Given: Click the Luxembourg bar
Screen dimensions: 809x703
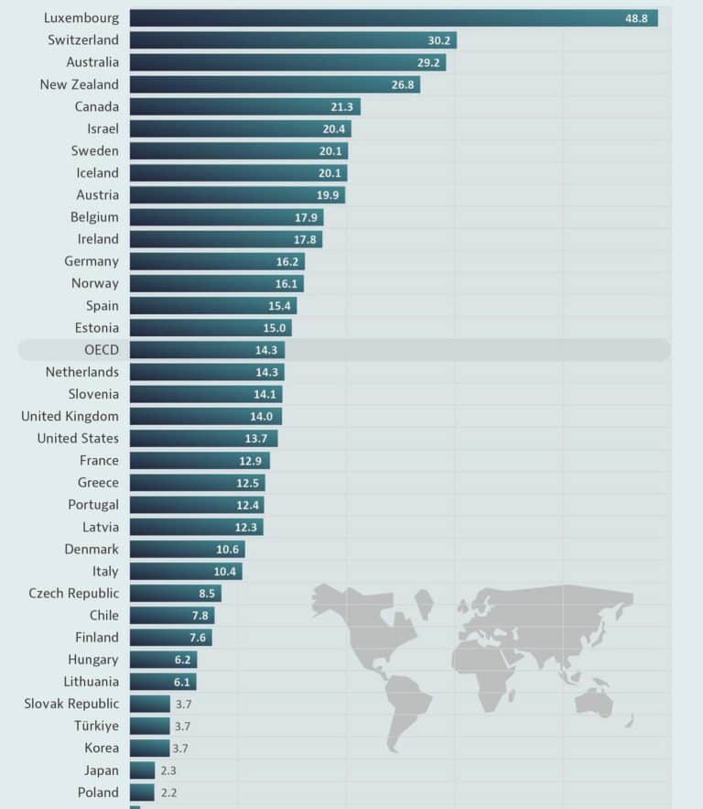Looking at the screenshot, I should point(394,18).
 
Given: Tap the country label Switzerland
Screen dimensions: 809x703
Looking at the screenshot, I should point(83,40).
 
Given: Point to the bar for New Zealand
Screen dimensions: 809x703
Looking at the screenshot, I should point(275,84).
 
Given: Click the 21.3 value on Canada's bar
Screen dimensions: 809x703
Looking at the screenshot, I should point(341,107).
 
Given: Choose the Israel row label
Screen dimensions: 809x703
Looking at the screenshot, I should point(103,128).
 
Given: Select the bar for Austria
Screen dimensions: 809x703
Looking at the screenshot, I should point(237,195).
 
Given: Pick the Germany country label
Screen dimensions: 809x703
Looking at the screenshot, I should point(92,261).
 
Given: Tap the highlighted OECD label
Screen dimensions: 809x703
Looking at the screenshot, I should point(101,350).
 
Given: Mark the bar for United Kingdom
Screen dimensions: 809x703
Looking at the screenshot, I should point(205,416).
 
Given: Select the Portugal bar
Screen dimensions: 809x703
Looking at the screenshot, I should point(197,505).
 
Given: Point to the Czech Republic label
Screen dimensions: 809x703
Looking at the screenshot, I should point(73,593).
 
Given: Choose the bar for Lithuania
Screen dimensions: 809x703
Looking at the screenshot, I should point(163,682).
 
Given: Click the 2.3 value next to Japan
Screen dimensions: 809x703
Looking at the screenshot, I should point(170,771).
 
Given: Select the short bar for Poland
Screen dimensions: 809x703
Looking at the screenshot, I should point(142,793).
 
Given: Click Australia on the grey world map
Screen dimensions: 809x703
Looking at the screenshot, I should point(596,701).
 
